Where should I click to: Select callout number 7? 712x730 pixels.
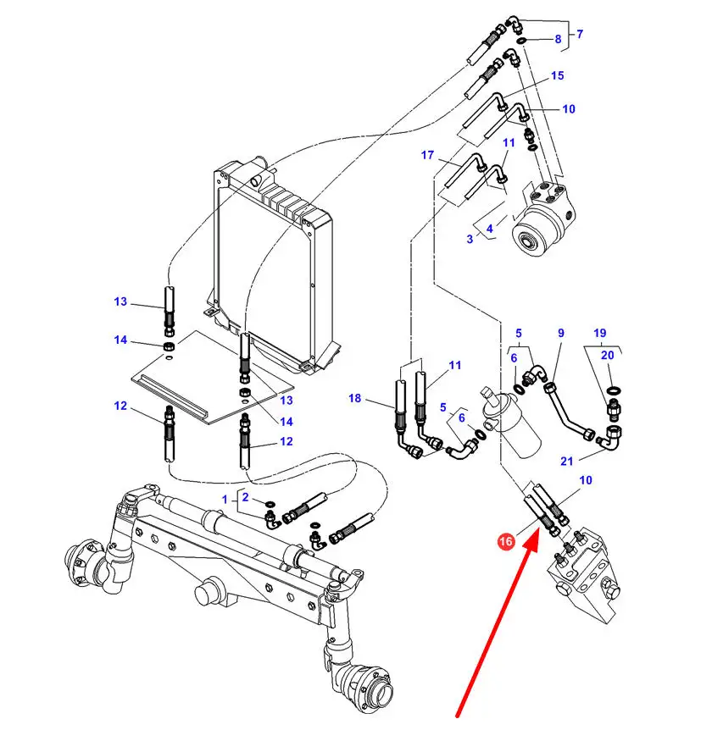(580, 35)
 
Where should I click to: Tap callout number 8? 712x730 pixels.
(558, 40)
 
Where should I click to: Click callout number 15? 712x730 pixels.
(557, 76)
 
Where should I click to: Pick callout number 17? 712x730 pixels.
(428, 155)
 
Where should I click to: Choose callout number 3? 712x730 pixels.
(470, 239)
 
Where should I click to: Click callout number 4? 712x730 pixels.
(489, 228)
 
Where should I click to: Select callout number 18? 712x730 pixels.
(354, 398)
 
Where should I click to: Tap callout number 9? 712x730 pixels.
(560, 334)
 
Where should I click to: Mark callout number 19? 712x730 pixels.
(600, 333)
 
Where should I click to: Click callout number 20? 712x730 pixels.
(607, 356)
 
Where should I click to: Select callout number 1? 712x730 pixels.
(225, 499)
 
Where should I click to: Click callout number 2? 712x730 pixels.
(245, 497)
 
